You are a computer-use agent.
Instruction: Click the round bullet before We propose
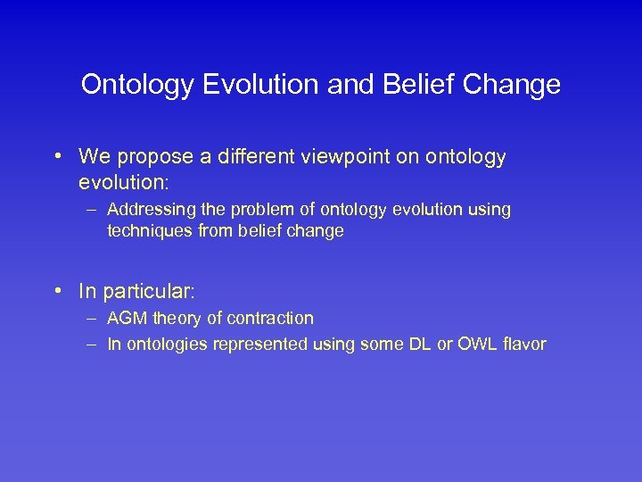(x=57, y=158)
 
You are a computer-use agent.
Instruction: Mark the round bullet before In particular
(x=57, y=291)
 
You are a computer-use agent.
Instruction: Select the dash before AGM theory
(x=94, y=318)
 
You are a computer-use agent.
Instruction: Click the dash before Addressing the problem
(x=94, y=210)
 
